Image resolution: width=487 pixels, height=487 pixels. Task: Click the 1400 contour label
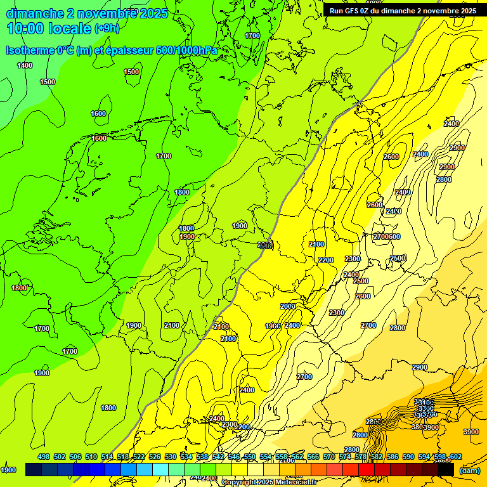tap(25, 65)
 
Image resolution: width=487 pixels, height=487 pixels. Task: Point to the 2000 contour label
tap(288, 306)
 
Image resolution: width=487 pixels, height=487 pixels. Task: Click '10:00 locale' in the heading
tap(49, 28)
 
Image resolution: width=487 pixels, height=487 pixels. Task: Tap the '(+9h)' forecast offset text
tap(107, 28)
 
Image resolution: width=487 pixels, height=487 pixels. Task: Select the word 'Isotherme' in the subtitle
tap(29, 50)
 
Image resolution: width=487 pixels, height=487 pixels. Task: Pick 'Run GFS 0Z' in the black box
tap(352, 11)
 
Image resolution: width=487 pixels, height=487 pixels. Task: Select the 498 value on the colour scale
tap(43, 457)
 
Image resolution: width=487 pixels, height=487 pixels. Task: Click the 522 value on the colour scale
tap(139, 457)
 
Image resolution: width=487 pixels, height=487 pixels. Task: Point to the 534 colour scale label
tap(186, 457)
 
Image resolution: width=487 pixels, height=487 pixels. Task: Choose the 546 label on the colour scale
tap(234, 457)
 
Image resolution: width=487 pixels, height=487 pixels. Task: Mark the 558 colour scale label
tap(282, 457)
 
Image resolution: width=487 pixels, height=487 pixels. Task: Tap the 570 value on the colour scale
tap(329, 457)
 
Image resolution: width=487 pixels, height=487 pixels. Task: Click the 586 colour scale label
tap(393, 457)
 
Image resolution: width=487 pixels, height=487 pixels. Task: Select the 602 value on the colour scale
tap(455, 457)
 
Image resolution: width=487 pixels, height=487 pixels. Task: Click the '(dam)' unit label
tap(469, 471)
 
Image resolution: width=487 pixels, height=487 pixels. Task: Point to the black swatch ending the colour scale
tap(446, 470)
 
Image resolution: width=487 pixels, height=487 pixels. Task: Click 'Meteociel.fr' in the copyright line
tap(299, 483)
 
